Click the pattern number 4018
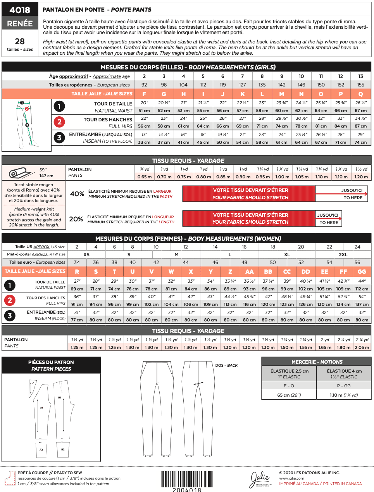click(x=20, y=10)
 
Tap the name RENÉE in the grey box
click(x=20, y=23)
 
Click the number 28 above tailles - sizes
click(x=20, y=41)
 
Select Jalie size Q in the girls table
click(x=361, y=94)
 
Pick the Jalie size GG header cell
click(x=362, y=271)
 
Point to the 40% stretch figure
click(x=77, y=194)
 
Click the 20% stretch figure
click(x=76, y=219)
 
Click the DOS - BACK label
click(x=227, y=365)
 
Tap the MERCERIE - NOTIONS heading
click(x=317, y=362)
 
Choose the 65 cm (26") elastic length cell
click(x=289, y=395)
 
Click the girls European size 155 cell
click(x=361, y=85)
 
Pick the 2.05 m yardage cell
click(x=362, y=347)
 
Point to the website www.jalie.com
click(x=292, y=478)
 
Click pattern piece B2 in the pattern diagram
click(x=63, y=449)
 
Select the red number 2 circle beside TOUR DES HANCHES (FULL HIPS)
click(x=59, y=122)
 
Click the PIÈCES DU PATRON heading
click(x=51, y=362)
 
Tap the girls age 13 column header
click(x=361, y=76)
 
